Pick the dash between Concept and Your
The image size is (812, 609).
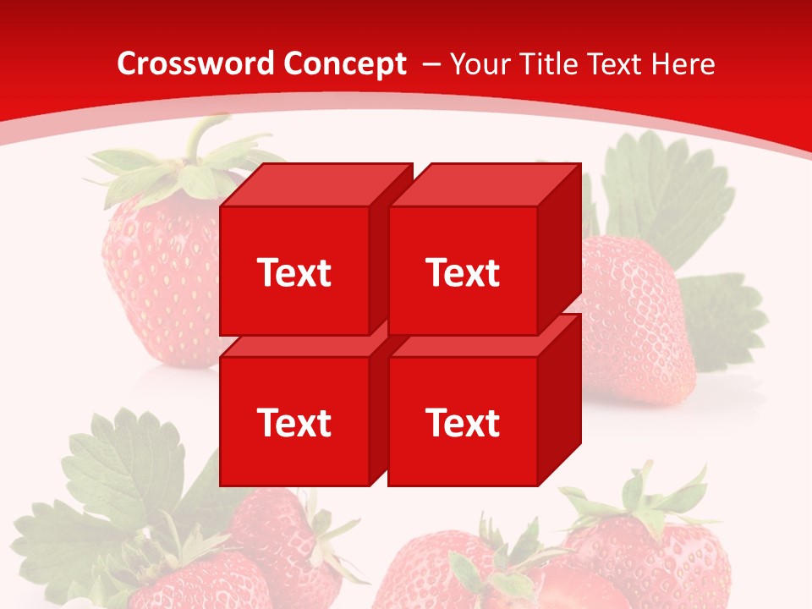(x=430, y=64)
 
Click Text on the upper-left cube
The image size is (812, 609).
(x=294, y=272)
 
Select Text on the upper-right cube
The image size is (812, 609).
(x=463, y=272)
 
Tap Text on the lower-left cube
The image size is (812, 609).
(x=294, y=422)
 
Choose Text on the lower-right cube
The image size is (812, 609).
(x=463, y=422)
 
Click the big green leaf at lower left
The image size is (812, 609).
(x=118, y=474)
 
